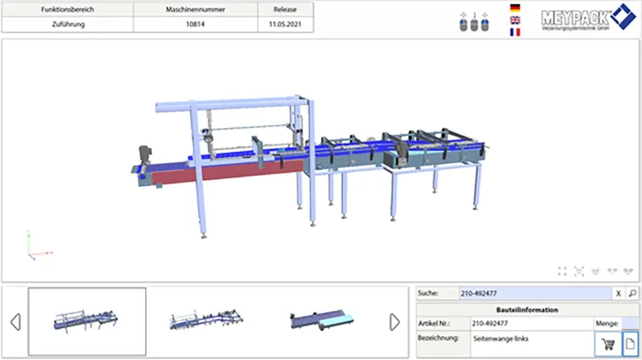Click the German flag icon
(x=515, y=8)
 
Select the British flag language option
(x=515, y=20)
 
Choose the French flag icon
(x=515, y=32)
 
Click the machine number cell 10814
(x=200, y=25)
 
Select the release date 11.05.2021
(x=285, y=25)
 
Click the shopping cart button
(x=607, y=342)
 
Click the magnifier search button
(x=633, y=293)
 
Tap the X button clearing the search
(x=618, y=293)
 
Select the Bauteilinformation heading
(x=527, y=310)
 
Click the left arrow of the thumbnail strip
(x=14, y=322)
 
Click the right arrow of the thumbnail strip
(x=394, y=322)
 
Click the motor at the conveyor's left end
(x=143, y=155)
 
